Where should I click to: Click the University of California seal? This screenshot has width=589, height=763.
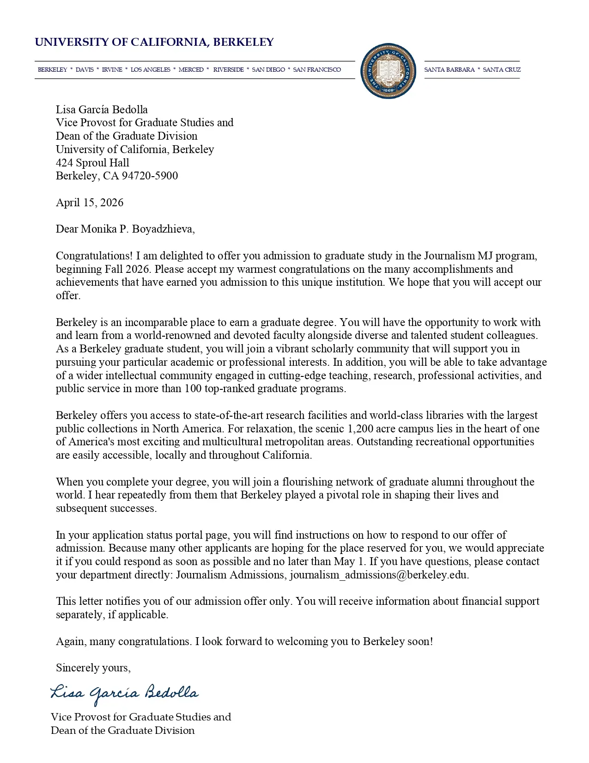tap(388, 71)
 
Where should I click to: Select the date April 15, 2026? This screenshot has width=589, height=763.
tap(90, 203)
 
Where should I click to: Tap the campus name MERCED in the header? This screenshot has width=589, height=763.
tap(191, 70)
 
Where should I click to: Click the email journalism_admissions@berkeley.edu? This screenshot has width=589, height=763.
tap(379, 575)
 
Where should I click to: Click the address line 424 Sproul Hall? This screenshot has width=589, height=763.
tap(92, 163)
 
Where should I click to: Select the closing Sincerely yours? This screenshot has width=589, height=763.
tap(93, 668)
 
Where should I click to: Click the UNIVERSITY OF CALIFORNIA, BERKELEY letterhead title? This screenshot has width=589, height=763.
tap(154, 43)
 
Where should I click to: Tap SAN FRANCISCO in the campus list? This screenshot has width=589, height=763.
tap(317, 70)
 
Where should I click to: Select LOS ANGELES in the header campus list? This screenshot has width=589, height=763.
tap(150, 70)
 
